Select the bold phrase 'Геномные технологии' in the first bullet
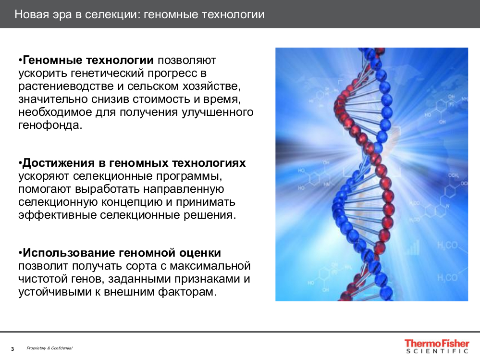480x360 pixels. click(x=88, y=61)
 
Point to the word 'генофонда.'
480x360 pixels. click(x=50, y=126)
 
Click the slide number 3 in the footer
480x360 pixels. click(x=12, y=348)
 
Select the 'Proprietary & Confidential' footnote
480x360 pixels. click(x=49, y=348)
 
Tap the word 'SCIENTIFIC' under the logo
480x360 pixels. click(x=437, y=351)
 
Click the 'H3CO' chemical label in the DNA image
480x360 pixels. click(x=447, y=245)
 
